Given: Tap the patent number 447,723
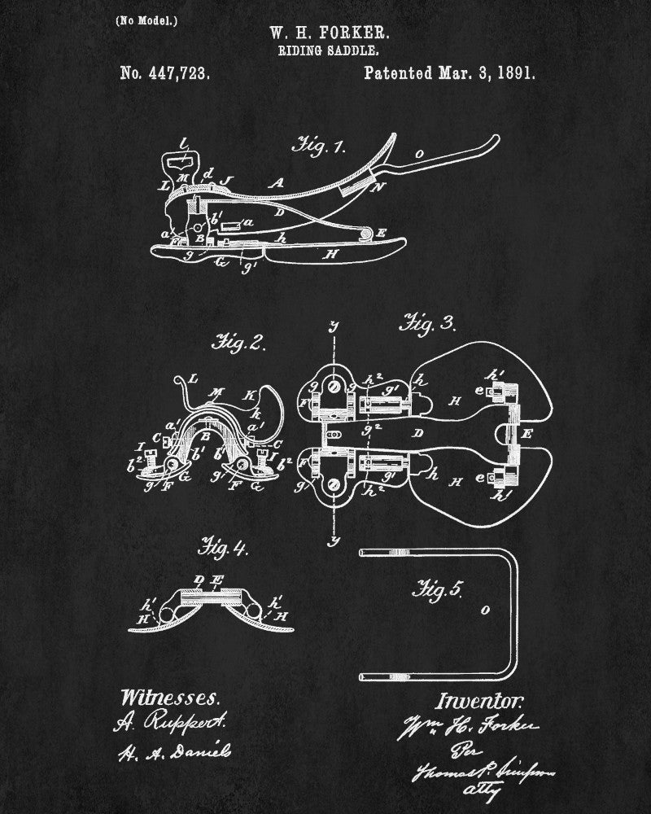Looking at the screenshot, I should (165, 73).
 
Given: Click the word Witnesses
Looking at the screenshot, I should (169, 698).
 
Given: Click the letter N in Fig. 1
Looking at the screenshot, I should (376, 186).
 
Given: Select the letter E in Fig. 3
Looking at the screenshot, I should (526, 433).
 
